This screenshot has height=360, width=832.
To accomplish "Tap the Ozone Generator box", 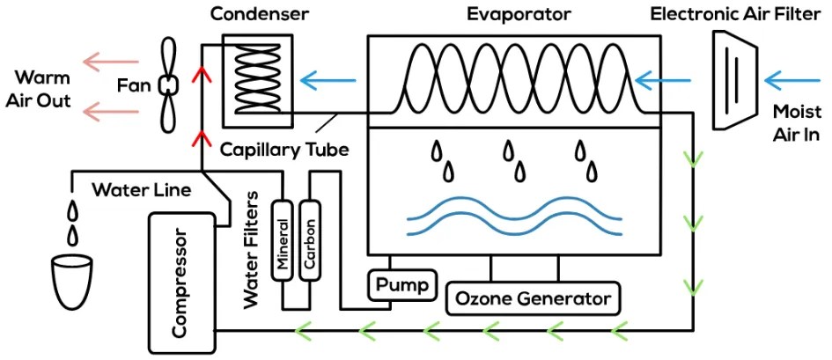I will (x=532, y=298).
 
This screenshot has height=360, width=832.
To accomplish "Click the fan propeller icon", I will (x=167, y=84).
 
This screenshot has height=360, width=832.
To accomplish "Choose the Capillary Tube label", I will (x=284, y=150).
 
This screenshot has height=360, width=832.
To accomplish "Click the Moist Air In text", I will (x=795, y=124).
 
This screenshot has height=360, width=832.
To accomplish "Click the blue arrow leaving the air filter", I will (x=666, y=82).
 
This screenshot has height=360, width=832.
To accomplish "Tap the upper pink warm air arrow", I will (x=110, y=62).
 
